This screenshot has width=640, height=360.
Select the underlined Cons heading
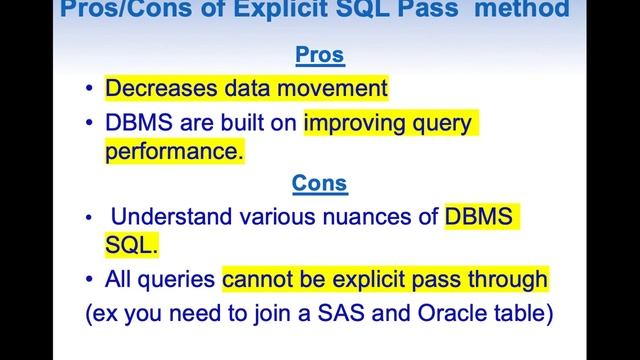tap(319, 183)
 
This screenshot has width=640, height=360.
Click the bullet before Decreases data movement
tap(89, 89)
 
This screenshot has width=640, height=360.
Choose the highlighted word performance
tap(172, 153)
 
